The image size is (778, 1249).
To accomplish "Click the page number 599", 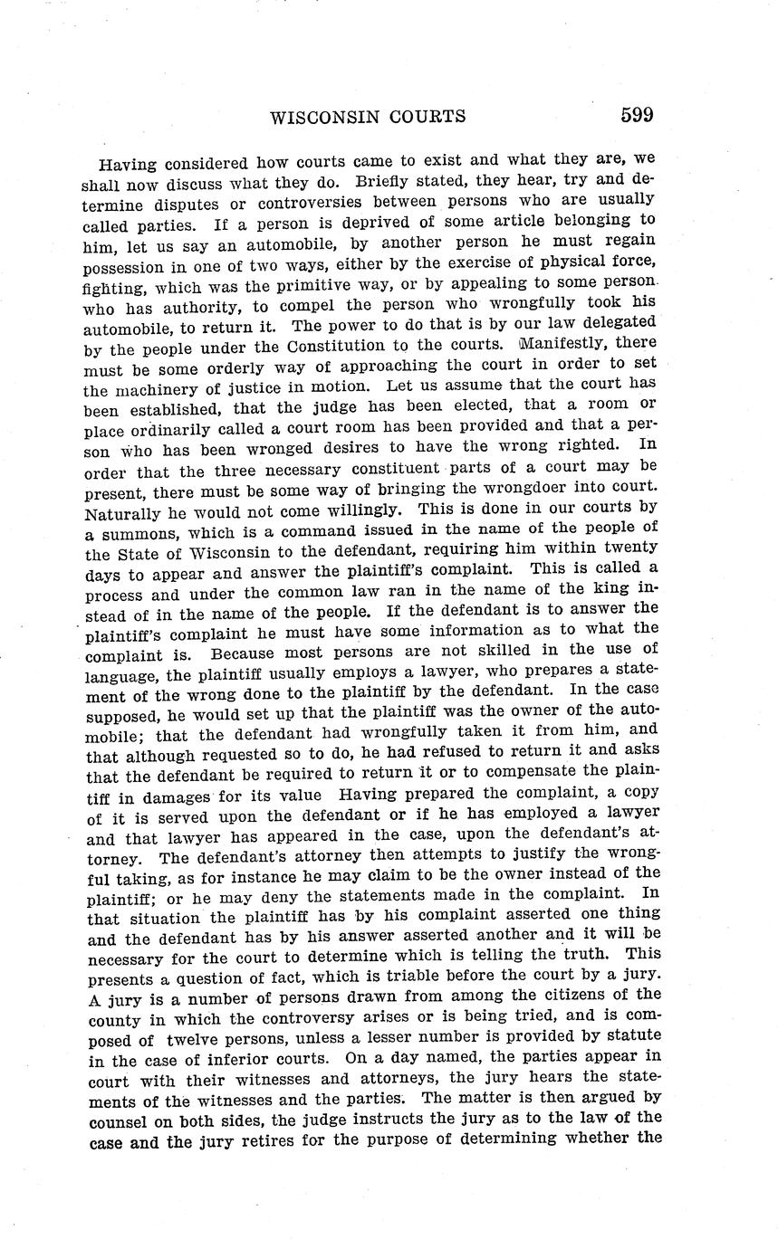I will coord(637,115).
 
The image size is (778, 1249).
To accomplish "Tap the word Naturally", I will coord(125,513).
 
